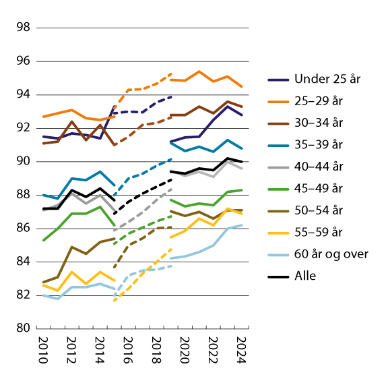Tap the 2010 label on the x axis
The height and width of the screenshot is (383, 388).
[43, 351]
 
